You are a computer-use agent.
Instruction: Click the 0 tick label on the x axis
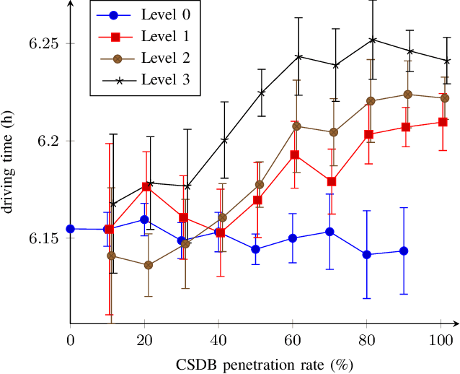point(71,339)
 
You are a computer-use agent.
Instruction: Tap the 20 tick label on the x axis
point(145,339)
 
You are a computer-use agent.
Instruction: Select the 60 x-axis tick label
point(293,339)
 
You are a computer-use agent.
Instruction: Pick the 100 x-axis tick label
point(441,339)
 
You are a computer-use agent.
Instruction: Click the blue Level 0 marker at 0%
point(71,229)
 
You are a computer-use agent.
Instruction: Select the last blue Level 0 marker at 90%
point(404,251)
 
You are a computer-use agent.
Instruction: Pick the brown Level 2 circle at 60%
point(296,126)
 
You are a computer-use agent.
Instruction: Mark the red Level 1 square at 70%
point(332,182)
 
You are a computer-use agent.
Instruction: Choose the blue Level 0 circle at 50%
point(256,249)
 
